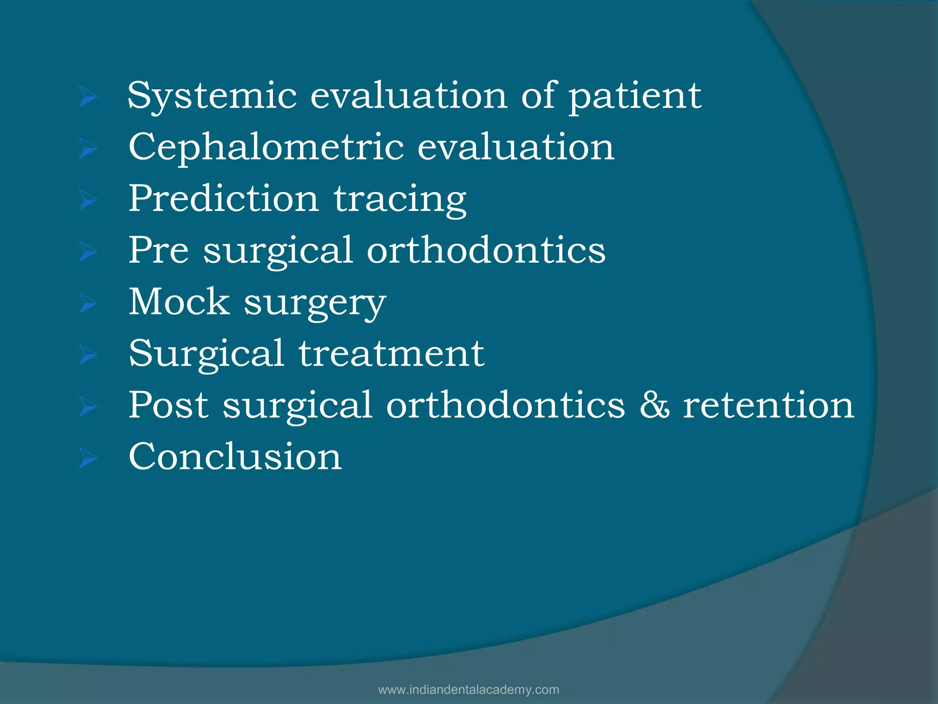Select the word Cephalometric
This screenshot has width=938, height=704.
click(x=266, y=148)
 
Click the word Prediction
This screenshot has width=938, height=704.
click(x=224, y=199)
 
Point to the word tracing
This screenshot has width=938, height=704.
click(x=400, y=200)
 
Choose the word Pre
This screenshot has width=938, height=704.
click(x=158, y=250)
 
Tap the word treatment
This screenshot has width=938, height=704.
click(x=392, y=353)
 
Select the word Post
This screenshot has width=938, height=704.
click(x=169, y=405)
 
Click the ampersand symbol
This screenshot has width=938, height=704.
click(x=654, y=405)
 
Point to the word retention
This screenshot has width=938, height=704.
click(x=769, y=405)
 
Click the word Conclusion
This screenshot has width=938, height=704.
click(x=235, y=456)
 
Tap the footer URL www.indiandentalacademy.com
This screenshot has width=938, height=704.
click(x=469, y=690)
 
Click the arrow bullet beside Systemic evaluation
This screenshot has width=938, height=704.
click(x=87, y=97)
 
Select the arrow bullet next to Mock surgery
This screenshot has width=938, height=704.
click(x=87, y=303)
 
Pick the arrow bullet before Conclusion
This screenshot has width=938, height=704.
click(x=87, y=458)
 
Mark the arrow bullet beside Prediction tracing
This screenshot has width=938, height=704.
click(x=87, y=200)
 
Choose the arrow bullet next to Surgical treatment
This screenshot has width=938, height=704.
click(x=87, y=355)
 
